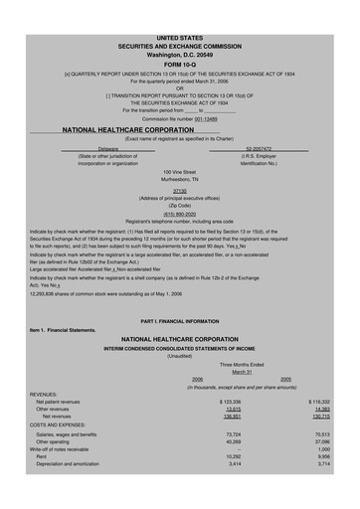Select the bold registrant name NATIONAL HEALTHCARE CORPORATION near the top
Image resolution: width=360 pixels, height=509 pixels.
127,130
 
